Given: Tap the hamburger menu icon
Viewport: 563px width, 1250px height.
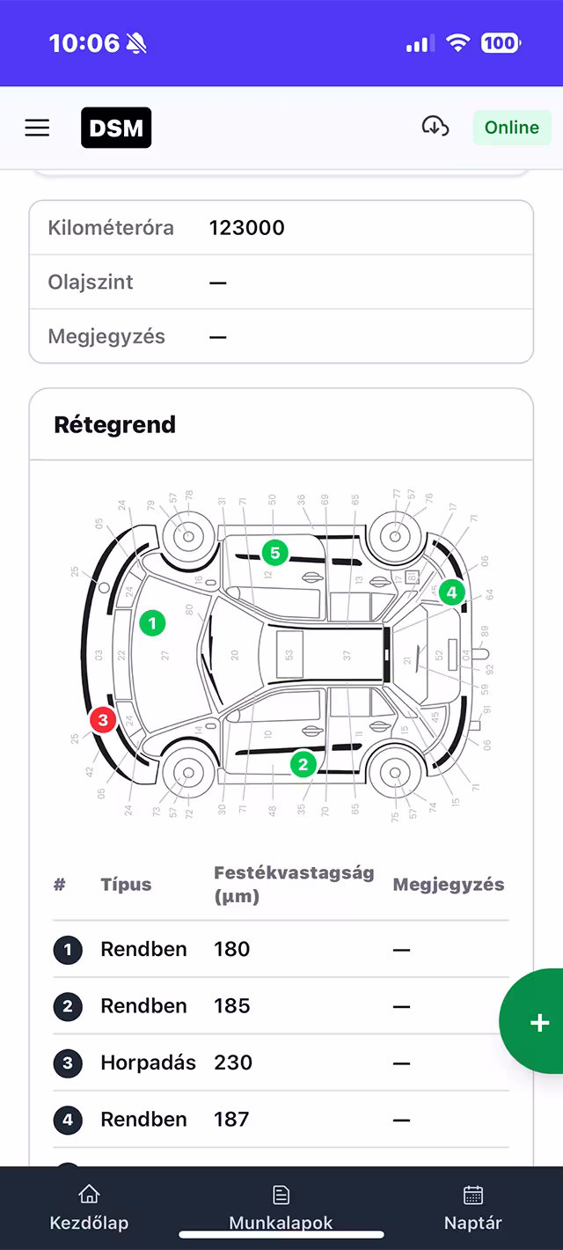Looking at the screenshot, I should coord(37,128).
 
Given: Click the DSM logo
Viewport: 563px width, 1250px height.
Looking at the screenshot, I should coord(116,128).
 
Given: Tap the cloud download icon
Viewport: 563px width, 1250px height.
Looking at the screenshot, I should coord(435,127).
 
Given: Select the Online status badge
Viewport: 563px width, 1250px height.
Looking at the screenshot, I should coord(511,128).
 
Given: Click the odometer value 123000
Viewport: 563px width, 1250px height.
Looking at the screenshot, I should coord(246,228).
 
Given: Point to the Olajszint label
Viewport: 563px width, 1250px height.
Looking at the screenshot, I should coord(91,283).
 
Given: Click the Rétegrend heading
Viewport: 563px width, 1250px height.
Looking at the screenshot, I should coord(115,424).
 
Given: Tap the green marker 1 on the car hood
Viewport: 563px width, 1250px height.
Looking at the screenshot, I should coord(152,623).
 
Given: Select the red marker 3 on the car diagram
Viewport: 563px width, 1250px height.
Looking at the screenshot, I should coord(103,720).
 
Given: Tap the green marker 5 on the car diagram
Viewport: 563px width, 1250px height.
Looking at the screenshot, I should coord(275,553).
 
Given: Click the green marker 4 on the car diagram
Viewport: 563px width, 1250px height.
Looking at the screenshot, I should coord(451,592).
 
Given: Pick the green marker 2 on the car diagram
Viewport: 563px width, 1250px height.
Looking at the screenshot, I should coord(303,764).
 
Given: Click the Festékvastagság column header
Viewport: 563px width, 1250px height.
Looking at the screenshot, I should coord(294,885).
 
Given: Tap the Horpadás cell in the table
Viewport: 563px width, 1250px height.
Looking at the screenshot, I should coord(148,1062).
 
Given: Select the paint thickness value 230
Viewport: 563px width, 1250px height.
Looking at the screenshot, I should coord(232,1062).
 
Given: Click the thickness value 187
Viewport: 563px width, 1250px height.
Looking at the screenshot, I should coord(231,1120).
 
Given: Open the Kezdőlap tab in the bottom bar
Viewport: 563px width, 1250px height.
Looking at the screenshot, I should coord(89,1208).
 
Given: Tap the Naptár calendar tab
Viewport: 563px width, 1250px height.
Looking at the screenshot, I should coord(473,1208).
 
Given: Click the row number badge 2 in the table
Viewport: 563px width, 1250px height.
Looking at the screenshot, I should coord(68,1006).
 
